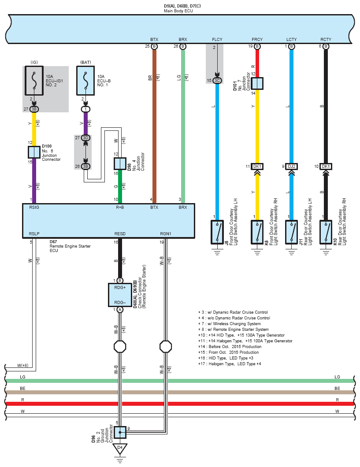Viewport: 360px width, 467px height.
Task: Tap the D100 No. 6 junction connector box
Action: click(x=34, y=152)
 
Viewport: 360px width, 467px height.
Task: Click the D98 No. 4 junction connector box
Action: click(x=120, y=163)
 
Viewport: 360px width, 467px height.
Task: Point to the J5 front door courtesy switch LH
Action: click(x=217, y=231)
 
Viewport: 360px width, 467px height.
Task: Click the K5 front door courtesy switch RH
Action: click(x=257, y=231)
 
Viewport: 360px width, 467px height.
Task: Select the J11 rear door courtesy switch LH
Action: click(x=291, y=231)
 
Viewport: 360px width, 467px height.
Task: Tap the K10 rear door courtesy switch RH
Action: click(x=326, y=231)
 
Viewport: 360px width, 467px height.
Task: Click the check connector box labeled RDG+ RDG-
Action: click(x=120, y=294)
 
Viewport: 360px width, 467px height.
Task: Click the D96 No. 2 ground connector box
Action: click(x=120, y=432)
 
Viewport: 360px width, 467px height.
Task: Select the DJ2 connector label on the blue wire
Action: click(x=291, y=166)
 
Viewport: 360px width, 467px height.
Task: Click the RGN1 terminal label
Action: click(x=166, y=234)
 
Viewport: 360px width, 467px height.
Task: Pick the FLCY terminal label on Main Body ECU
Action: click(x=217, y=40)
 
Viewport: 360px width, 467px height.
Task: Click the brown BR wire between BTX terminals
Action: click(x=154, y=123)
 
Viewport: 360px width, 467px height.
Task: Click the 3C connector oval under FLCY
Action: click(x=217, y=80)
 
